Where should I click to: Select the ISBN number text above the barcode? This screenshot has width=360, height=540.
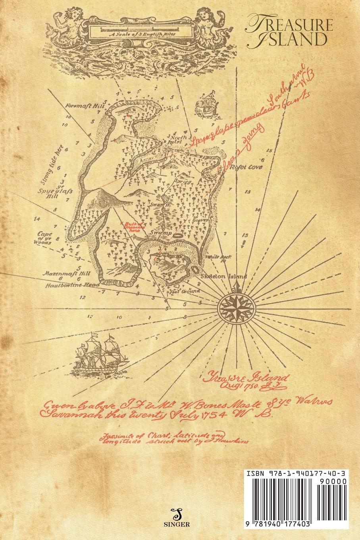click(296, 474)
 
